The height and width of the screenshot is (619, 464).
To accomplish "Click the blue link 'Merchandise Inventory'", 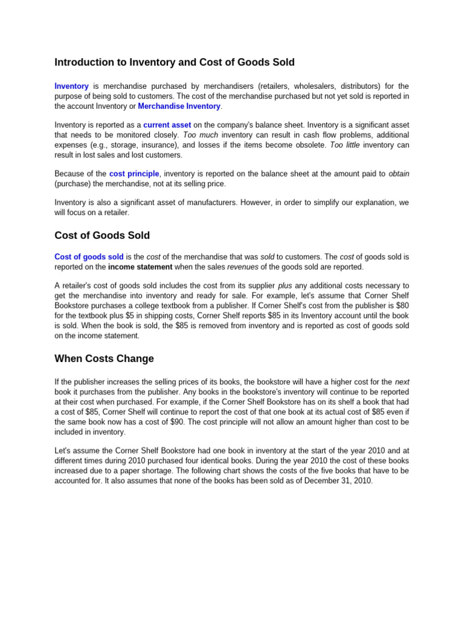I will click(179, 106).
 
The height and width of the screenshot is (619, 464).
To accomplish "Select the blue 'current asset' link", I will click(167, 125).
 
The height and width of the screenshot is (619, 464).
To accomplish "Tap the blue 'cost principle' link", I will click(134, 173).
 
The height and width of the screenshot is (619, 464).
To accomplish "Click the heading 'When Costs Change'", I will click(104, 358).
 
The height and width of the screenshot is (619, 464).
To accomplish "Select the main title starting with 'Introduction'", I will click(175, 62).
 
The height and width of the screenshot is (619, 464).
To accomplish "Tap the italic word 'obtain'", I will click(399, 173).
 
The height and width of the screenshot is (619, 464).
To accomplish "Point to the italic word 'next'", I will click(402, 382).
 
